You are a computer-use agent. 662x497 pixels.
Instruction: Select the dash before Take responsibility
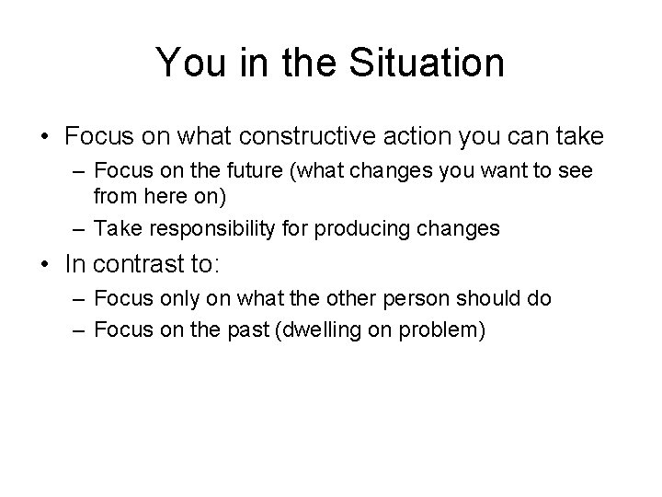point(81,228)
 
